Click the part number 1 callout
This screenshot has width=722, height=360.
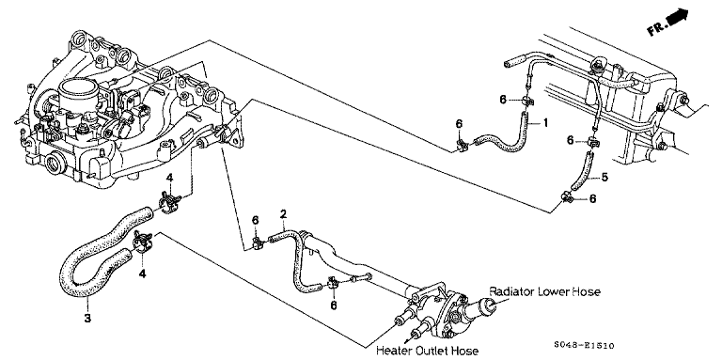545,122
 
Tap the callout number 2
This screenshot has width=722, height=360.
283,213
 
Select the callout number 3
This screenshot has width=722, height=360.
87,317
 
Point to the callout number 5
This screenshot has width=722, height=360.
604,177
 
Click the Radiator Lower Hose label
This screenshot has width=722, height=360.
544,291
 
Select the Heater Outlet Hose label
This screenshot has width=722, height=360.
427,351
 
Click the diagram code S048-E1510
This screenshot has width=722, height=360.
584,346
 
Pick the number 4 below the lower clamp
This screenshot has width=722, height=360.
142,274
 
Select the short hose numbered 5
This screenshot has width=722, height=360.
582,171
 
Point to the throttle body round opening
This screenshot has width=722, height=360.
79,91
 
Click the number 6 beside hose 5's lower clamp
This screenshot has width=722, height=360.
593,198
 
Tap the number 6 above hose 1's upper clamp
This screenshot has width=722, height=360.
504,100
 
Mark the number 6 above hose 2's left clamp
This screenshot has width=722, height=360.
256,222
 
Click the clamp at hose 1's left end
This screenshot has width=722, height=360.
461,146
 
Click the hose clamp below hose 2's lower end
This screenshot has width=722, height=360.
334,286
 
